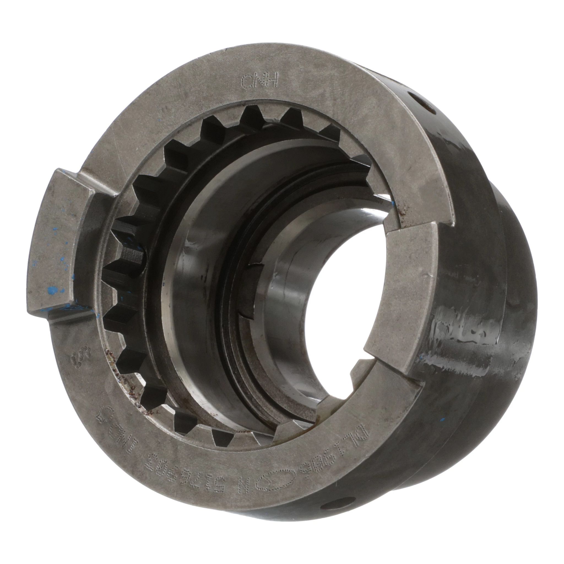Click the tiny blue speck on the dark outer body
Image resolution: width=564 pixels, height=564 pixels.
tap(443, 420)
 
